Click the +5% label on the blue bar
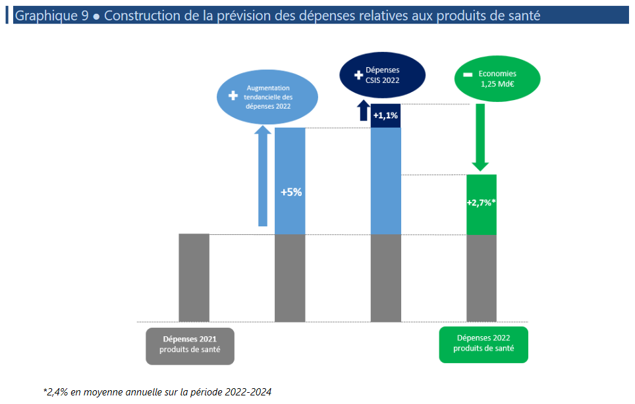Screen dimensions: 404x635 tap(290, 193)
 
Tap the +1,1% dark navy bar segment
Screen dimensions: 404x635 tap(385, 116)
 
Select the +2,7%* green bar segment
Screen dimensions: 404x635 tap(481, 203)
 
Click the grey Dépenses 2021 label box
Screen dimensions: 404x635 tap(190, 345)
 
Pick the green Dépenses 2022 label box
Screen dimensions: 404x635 tap(483, 343)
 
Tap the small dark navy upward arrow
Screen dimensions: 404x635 tap(362, 111)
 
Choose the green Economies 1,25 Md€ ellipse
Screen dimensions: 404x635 tap(497, 79)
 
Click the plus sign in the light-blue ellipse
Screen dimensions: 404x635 tap(232, 96)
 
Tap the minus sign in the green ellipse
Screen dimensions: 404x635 tap(468, 75)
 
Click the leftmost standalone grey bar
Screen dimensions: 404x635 tap(194, 278)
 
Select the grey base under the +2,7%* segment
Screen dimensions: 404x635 tap(481, 278)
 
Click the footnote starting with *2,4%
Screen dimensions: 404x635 tap(157, 391)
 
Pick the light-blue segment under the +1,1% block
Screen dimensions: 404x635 tap(385, 181)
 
